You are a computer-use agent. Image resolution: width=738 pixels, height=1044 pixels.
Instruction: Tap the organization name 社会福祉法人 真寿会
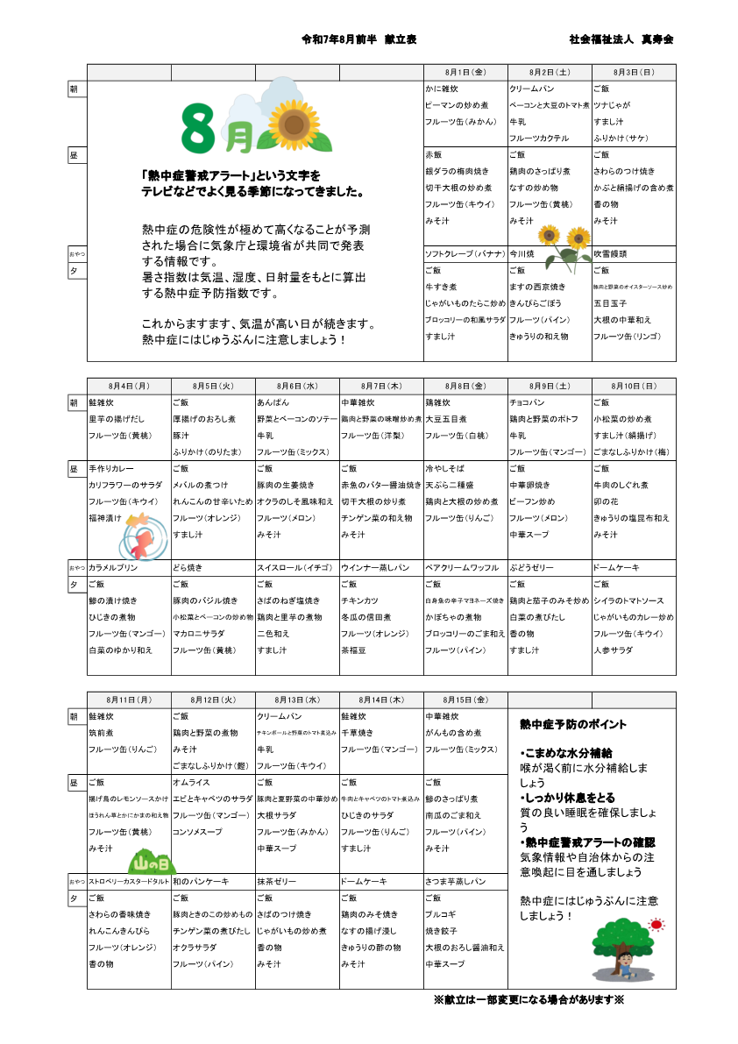tap(621, 40)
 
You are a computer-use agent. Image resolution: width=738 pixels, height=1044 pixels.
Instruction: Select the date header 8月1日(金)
tap(465, 72)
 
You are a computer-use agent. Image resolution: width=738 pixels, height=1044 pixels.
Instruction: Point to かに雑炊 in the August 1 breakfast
tap(442, 89)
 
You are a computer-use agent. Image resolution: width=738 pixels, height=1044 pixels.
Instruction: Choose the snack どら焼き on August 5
tap(188, 568)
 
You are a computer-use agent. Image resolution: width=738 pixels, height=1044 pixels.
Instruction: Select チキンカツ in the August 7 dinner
tap(359, 601)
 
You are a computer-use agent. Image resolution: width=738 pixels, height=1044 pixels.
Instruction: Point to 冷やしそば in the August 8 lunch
tap(445, 469)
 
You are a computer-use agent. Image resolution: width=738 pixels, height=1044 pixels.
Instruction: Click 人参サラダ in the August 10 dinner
tap(612, 651)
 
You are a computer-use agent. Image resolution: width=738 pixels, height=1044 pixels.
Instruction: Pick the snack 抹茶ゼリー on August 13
tap(277, 881)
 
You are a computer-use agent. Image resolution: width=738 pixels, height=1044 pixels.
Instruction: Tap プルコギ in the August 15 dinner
tap(440, 914)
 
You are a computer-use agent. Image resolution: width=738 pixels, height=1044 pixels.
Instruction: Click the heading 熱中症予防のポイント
tap(573, 725)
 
